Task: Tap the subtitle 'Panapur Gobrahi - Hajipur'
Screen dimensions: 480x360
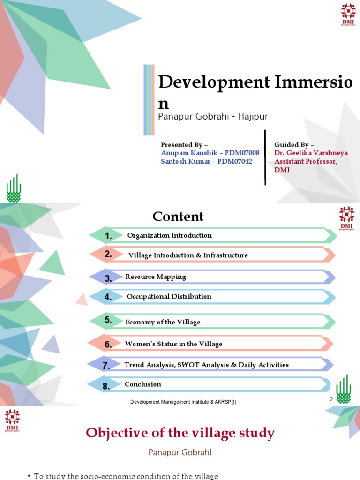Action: [213, 116]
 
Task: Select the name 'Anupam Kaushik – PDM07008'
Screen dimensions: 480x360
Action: [210, 153]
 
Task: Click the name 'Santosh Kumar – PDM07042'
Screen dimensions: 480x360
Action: [206, 161]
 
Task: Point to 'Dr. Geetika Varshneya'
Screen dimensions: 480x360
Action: [311, 153]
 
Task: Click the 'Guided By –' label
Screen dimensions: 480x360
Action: [294, 144]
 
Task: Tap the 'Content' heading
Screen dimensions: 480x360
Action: [178, 217]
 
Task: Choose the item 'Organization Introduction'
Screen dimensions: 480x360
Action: [169, 235]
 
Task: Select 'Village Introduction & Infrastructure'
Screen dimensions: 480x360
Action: [188, 255]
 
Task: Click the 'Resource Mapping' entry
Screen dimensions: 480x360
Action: [156, 277]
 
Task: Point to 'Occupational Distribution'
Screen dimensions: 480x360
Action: [169, 297]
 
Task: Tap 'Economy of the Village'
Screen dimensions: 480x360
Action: [163, 322]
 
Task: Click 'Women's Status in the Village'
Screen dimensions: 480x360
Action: [173, 344]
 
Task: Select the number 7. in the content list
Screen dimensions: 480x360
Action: [106, 366]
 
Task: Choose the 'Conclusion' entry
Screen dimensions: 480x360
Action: [143, 384]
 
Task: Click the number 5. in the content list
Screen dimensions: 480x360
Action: [108, 321]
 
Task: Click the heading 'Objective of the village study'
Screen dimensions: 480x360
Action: [180, 433]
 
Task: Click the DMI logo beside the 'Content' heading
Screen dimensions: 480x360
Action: [347, 218]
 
